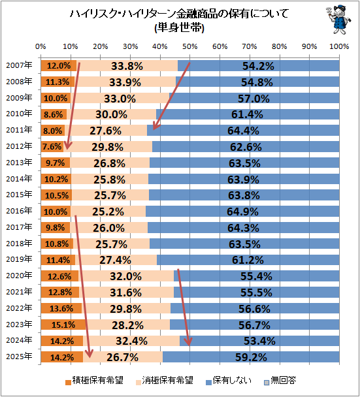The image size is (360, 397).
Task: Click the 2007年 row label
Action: click(x=19, y=65)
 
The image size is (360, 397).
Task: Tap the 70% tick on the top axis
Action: click(x=250, y=46)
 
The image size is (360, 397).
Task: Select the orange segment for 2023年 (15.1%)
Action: click(x=63, y=325)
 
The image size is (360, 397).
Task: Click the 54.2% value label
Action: click(x=258, y=66)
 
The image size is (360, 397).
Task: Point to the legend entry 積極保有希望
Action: click(x=94, y=380)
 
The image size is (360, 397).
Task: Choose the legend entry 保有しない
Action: click(x=229, y=380)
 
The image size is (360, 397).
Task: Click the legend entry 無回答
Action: click(x=280, y=380)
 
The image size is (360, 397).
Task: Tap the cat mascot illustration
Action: click(x=338, y=20)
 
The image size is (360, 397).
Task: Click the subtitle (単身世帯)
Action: click(x=180, y=27)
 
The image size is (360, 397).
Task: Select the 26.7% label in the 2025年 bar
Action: click(x=123, y=357)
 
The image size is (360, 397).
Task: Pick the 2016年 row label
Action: click(x=19, y=211)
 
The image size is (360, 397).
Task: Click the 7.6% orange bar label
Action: click(x=52, y=147)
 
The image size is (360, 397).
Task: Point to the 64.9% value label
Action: click(x=242, y=212)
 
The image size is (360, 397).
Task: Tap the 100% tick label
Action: click(x=339, y=46)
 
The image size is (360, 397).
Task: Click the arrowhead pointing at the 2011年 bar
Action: click(x=155, y=127)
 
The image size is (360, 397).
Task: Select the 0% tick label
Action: click(x=41, y=46)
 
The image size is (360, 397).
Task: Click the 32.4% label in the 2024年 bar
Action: click(x=132, y=341)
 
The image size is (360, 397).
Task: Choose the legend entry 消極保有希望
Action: click(x=165, y=380)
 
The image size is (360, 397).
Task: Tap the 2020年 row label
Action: click(x=19, y=276)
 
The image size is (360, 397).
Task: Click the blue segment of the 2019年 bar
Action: click(x=248, y=260)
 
